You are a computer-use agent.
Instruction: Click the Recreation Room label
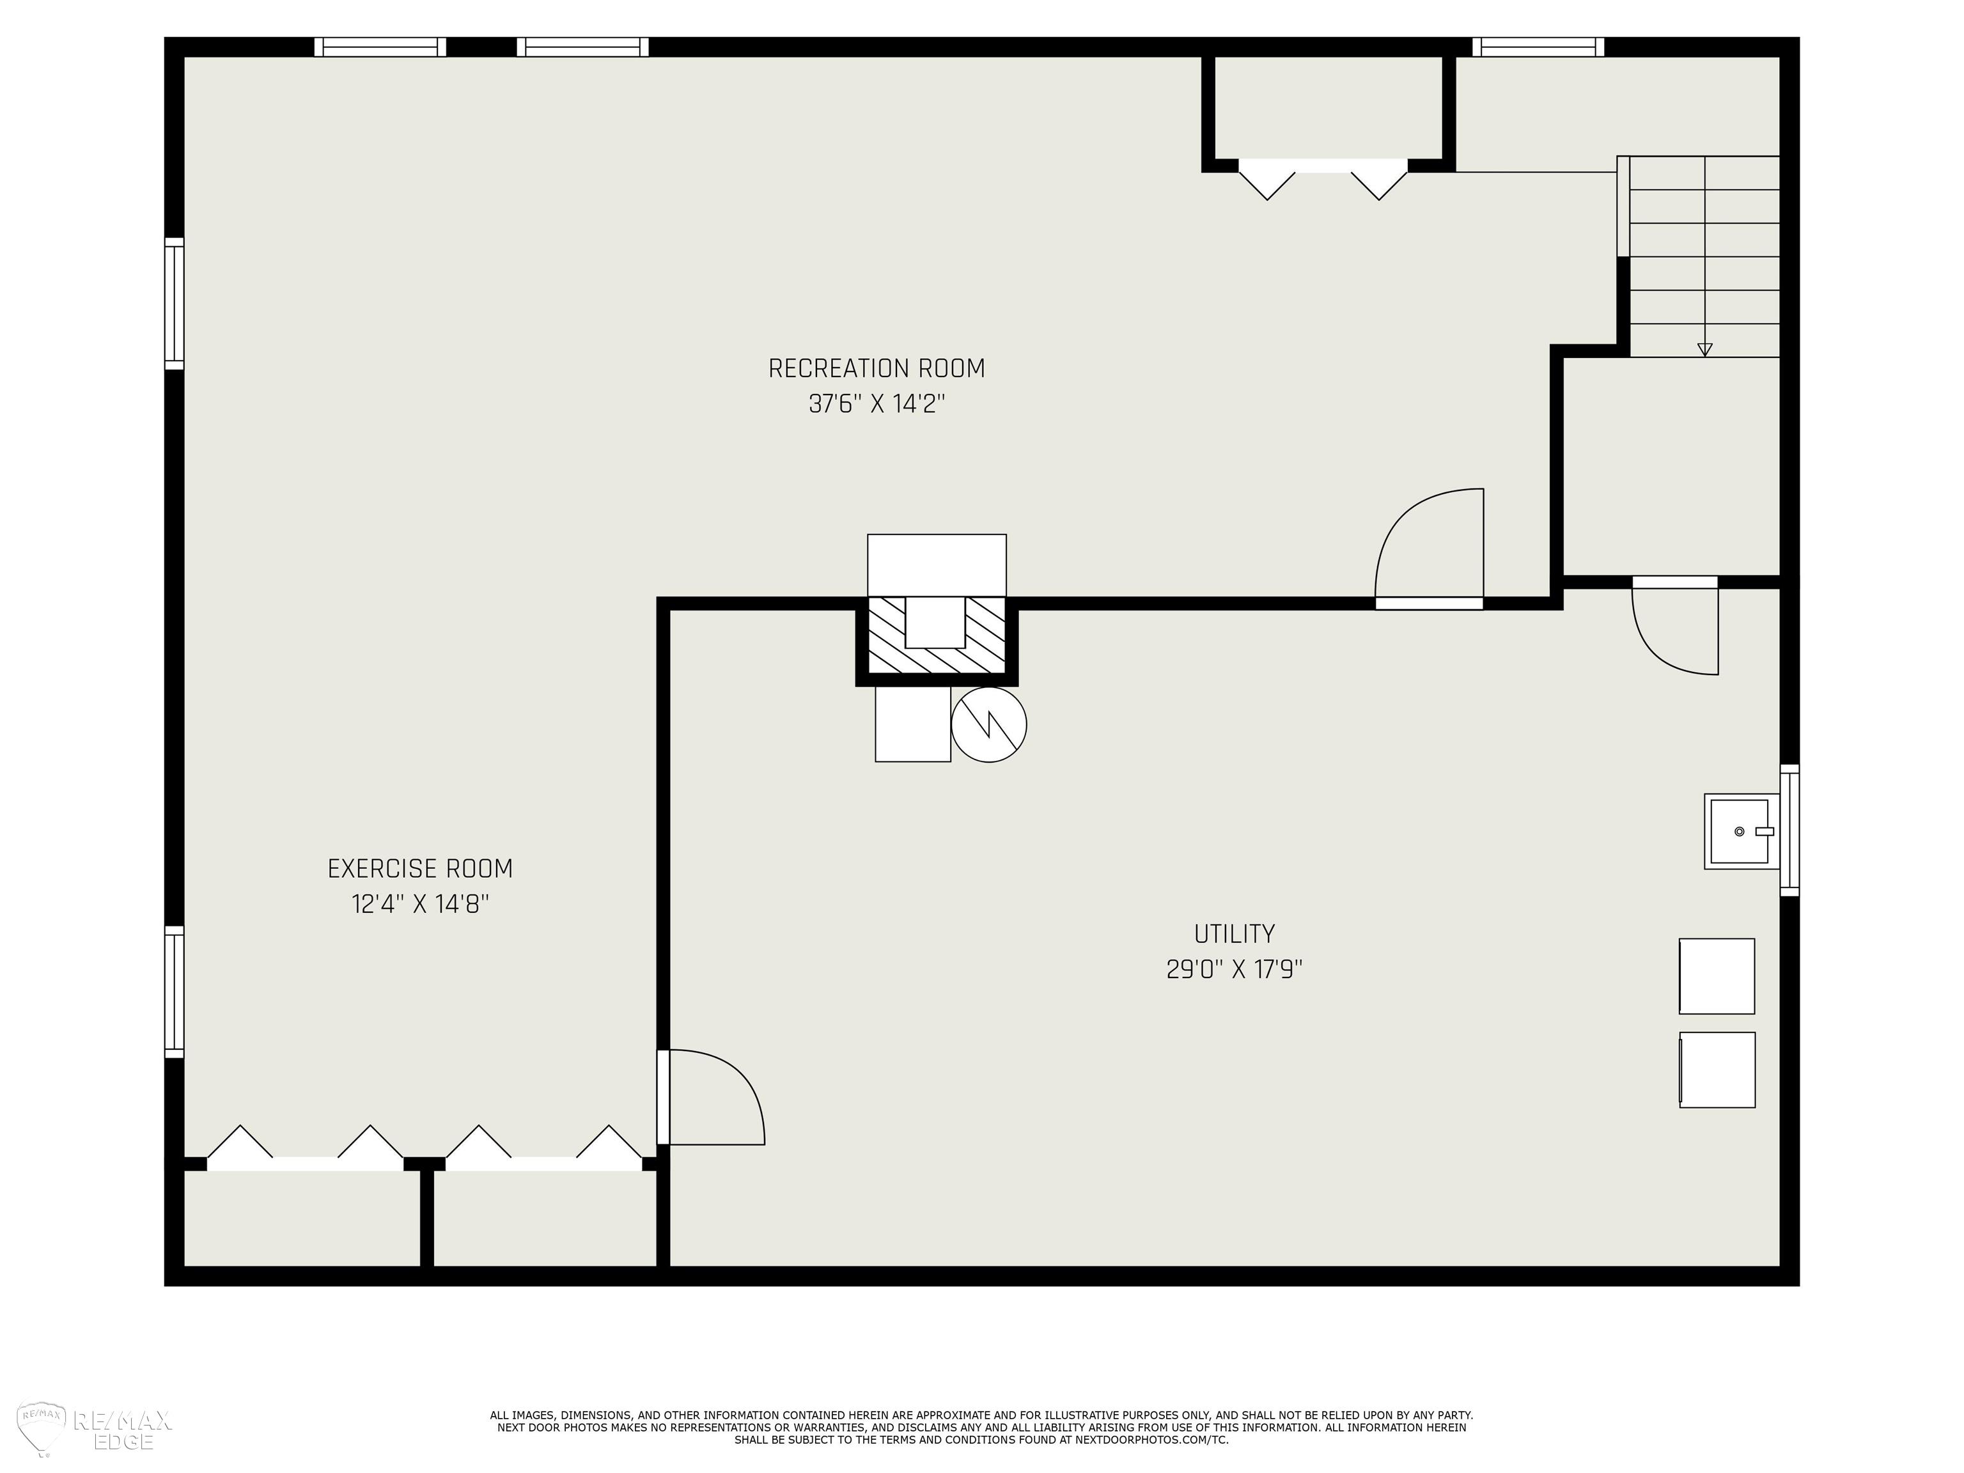(x=877, y=368)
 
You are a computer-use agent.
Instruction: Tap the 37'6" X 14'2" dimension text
(x=877, y=404)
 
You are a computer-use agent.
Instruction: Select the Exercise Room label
(x=420, y=868)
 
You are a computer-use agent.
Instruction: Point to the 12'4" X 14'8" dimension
(x=420, y=904)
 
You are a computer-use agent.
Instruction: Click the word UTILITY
(x=1234, y=934)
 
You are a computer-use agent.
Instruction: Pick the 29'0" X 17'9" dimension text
(x=1234, y=969)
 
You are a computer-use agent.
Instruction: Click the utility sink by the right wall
(x=1741, y=831)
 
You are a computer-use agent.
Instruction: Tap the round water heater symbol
(x=989, y=724)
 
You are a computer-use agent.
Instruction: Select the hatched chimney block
(x=937, y=635)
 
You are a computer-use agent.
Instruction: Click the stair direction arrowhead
(x=1704, y=350)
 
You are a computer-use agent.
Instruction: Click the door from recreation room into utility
(x=1430, y=549)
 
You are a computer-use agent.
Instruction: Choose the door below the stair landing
(x=1676, y=626)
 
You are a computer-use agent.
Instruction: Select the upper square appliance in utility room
(x=1717, y=976)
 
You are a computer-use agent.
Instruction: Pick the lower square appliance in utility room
(x=1717, y=1070)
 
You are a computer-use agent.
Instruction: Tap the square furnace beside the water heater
(x=913, y=724)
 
